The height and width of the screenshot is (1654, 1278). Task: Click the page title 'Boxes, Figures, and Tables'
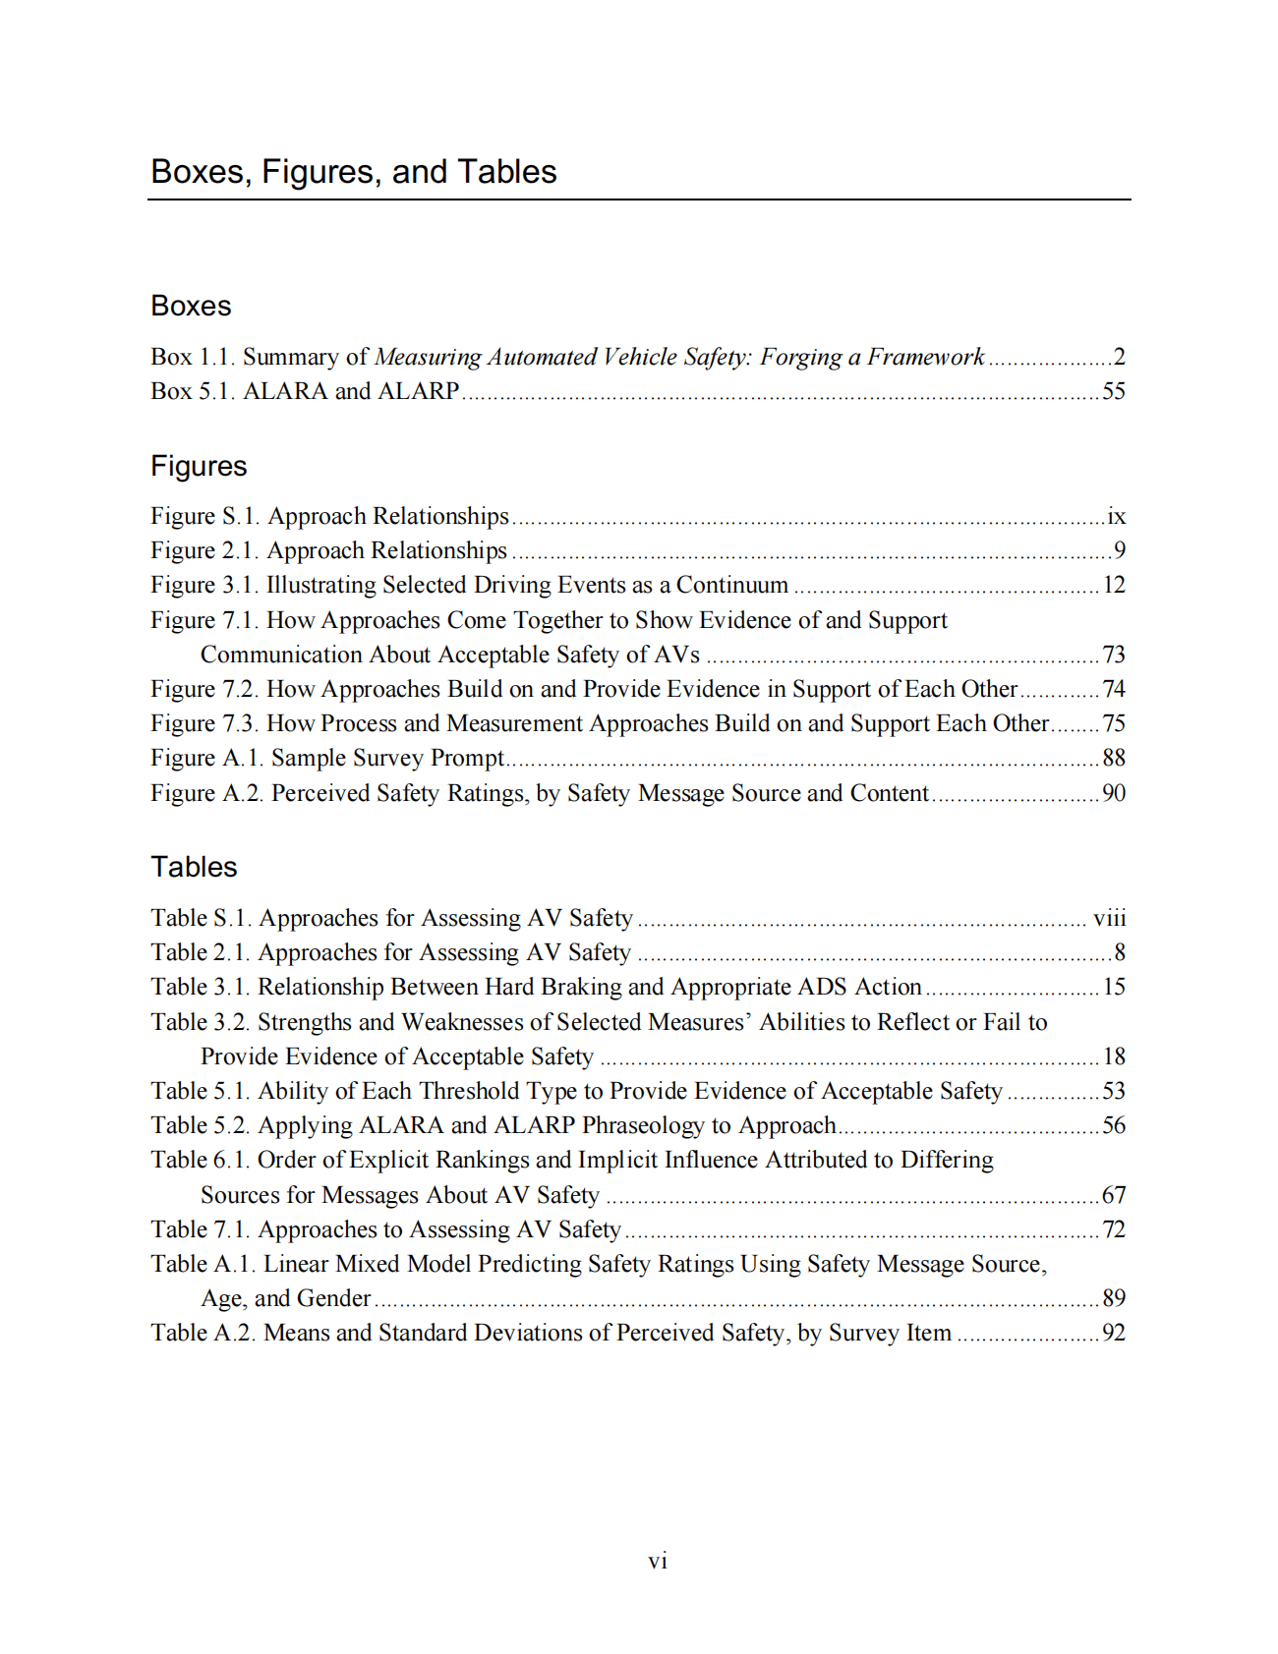tap(353, 172)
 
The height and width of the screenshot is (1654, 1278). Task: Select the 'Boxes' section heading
tap(191, 306)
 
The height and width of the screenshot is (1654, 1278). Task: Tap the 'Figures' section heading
tap(199, 466)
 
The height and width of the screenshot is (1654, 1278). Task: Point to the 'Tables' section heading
tap(194, 867)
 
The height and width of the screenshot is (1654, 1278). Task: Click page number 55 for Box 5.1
tap(1113, 391)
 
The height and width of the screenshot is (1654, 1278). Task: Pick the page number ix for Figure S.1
tap(1116, 516)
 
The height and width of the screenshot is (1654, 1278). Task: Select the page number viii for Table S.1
tap(1109, 918)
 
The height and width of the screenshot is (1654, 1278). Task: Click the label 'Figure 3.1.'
tap(204, 585)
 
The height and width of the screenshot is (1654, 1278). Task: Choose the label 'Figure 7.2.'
tap(204, 689)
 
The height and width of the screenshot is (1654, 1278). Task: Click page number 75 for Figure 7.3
tap(1113, 723)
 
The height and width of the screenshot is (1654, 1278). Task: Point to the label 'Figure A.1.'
tap(206, 758)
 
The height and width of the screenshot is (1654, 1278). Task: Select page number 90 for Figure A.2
tap(1113, 793)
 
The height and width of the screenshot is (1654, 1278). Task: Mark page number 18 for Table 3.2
tap(1113, 1056)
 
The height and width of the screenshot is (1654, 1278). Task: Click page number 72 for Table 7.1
tap(1113, 1229)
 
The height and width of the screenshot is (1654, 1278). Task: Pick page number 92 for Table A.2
tap(1113, 1333)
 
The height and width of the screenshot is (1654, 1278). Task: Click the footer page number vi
tap(658, 1561)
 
